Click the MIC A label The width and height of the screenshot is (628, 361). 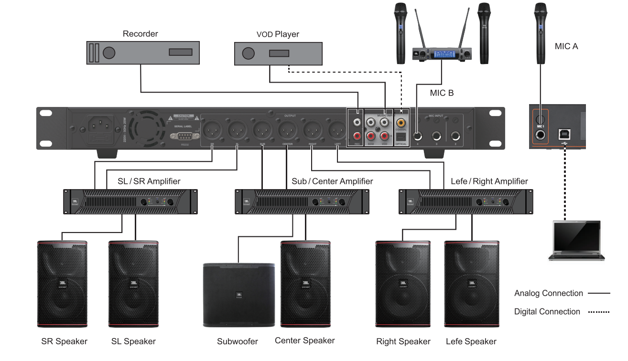(x=566, y=46)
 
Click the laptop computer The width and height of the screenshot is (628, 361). (x=576, y=241)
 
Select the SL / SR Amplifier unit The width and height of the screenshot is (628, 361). (x=130, y=202)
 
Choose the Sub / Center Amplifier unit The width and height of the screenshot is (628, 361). (x=302, y=202)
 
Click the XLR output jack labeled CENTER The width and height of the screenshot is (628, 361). (x=287, y=129)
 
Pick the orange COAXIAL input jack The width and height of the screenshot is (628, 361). (x=401, y=123)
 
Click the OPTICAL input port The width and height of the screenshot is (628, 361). (x=401, y=137)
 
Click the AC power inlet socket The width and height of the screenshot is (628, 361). (x=101, y=127)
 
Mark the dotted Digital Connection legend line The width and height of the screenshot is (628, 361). (x=599, y=312)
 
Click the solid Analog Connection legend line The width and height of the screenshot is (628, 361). (x=599, y=294)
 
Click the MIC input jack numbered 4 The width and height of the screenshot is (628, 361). (x=418, y=136)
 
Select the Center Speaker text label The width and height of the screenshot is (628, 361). (x=304, y=340)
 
